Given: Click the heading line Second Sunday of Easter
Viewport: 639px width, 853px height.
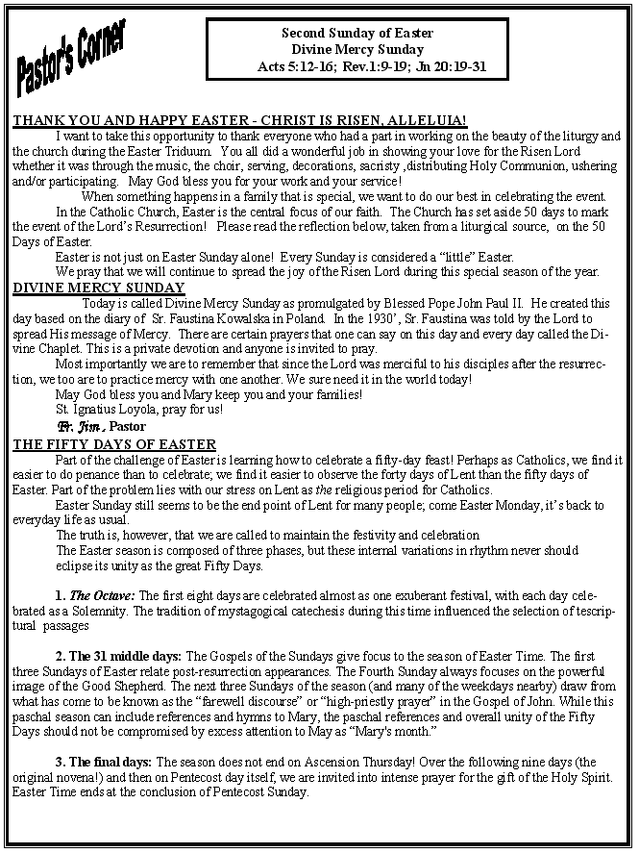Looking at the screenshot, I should tap(357, 33).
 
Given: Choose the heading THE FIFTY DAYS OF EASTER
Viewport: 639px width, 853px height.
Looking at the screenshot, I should tap(114, 444).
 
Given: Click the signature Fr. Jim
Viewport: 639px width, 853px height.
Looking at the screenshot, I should tap(80, 426).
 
